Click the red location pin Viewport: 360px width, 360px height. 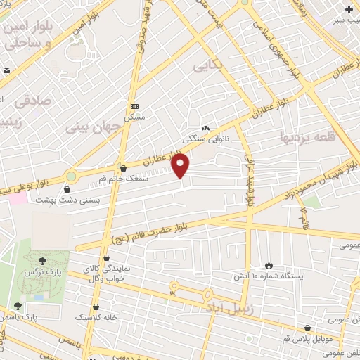tap(181, 165)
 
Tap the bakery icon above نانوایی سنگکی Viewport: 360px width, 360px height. tap(205, 129)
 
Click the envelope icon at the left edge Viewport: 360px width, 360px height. tap(6, 70)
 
